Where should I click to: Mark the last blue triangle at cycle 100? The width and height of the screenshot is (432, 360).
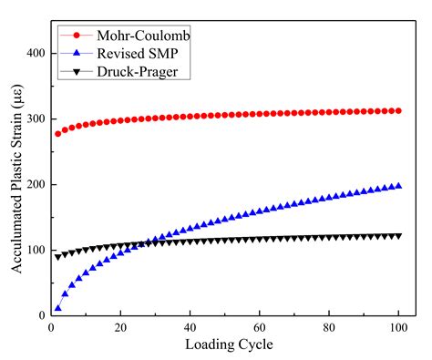(397, 186)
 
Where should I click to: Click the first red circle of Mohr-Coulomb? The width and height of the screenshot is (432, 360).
(58, 134)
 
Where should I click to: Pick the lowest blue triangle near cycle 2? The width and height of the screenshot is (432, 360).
(58, 308)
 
